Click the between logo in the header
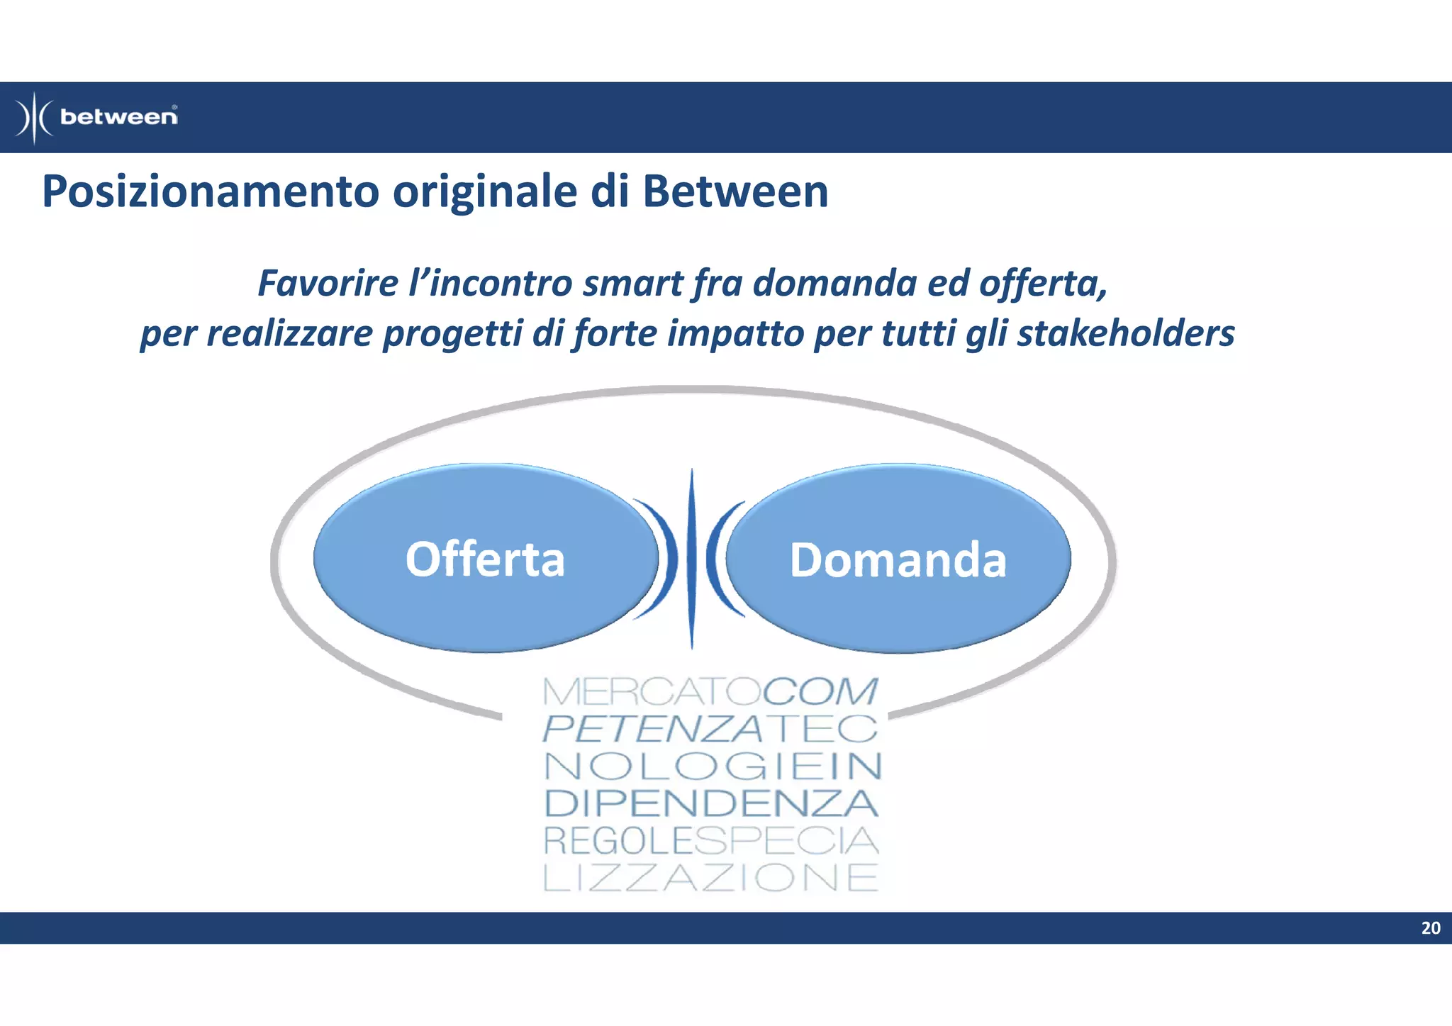[x=97, y=117]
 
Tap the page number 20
[x=1430, y=928]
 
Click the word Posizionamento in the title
[x=211, y=193]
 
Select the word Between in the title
[x=735, y=191]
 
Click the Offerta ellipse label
[x=485, y=559]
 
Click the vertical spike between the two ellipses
[x=692, y=559]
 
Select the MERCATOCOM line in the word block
[x=710, y=692]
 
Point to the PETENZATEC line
[x=710, y=729]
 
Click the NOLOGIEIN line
[x=713, y=766]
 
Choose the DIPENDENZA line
[x=711, y=803]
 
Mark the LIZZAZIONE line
[x=710, y=878]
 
